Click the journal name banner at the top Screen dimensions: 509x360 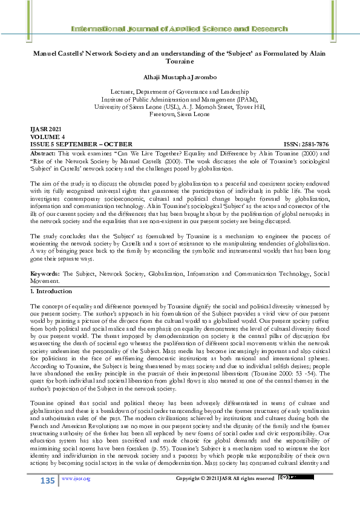[180, 29]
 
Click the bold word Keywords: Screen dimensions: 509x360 [45, 273]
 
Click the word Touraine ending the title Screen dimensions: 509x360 [180, 61]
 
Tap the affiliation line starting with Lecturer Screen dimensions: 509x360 [180, 91]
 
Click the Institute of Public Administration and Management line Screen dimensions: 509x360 [180, 98]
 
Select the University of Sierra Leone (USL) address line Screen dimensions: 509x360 [180, 106]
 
